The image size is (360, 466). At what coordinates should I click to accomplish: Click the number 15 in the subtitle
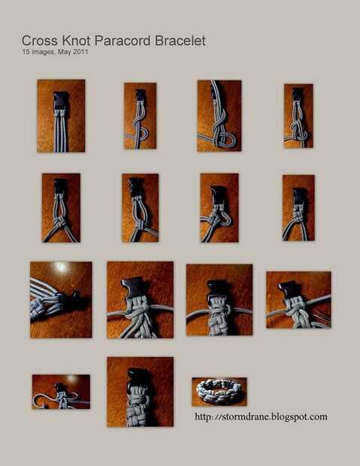tap(26, 52)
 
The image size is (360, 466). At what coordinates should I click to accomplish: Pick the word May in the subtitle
tap(64, 52)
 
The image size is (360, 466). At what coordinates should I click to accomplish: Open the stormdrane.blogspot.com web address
tap(261, 416)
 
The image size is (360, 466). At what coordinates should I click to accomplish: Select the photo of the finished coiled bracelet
tap(219, 392)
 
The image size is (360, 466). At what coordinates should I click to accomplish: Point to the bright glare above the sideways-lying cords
tap(61, 267)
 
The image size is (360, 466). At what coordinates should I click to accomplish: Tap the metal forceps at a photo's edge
tap(323, 316)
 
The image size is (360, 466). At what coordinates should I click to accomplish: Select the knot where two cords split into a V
tap(60, 222)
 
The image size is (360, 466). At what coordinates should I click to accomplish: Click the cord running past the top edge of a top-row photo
tap(215, 89)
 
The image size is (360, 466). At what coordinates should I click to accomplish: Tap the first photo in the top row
tap(61, 116)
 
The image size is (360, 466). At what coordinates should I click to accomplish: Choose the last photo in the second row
tap(298, 207)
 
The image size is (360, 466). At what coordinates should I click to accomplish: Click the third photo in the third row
tap(219, 300)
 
